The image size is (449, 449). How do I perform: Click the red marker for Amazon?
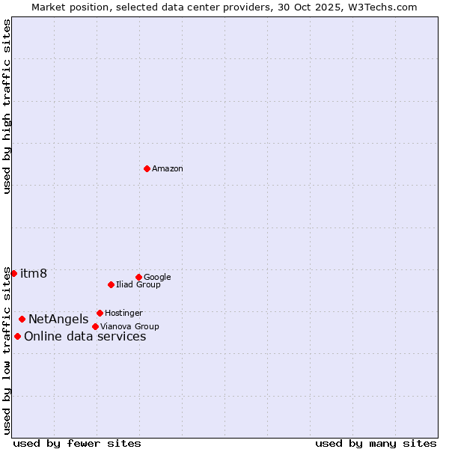pyautogui.click(x=147, y=168)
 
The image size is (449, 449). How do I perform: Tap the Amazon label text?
pyautogui.click(x=167, y=169)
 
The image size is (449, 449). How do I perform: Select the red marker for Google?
pyautogui.click(x=138, y=277)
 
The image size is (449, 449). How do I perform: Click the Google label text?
pyautogui.click(x=157, y=278)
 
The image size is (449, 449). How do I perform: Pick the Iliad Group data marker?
pyautogui.click(x=111, y=284)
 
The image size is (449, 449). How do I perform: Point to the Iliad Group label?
pyautogui.click(x=138, y=285)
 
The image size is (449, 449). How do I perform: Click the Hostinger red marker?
pyautogui.click(x=100, y=313)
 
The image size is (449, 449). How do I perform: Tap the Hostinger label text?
pyautogui.click(x=123, y=314)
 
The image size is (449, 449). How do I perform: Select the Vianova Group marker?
pyautogui.click(x=95, y=326)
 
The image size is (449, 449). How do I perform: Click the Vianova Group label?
pyautogui.click(x=129, y=327)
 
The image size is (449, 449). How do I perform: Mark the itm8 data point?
pyautogui.click(x=13, y=273)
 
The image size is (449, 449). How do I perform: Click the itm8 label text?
pyautogui.click(x=34, y=274)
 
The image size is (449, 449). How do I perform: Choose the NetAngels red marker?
pyautogui.click(x=22, y=319)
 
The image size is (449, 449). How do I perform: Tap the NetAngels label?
pyautogui.click(x=58, y=320)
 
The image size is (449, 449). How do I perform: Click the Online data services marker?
pyautogui.click(x=17, y=336)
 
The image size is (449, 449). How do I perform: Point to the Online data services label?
pyautogui.click(x=85, y=337)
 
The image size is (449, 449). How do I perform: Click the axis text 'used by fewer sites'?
pyautogui.click(x=77, y=443)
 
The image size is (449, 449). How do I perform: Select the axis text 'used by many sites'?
pyautogui.click(x=376, y=443)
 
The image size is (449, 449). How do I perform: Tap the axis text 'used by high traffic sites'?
pyautogui.click(x=7, y=106)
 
